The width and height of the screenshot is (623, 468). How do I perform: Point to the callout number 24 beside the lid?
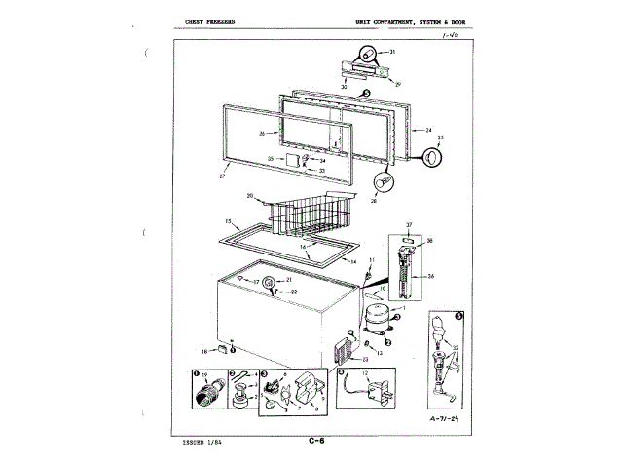pyautogui.click(x=427, y=129)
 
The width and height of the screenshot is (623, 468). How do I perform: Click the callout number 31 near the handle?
pyautogui.click(x=392, y=51)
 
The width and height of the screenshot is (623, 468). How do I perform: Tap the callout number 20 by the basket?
pyautogui.click(x=250, y=196)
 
